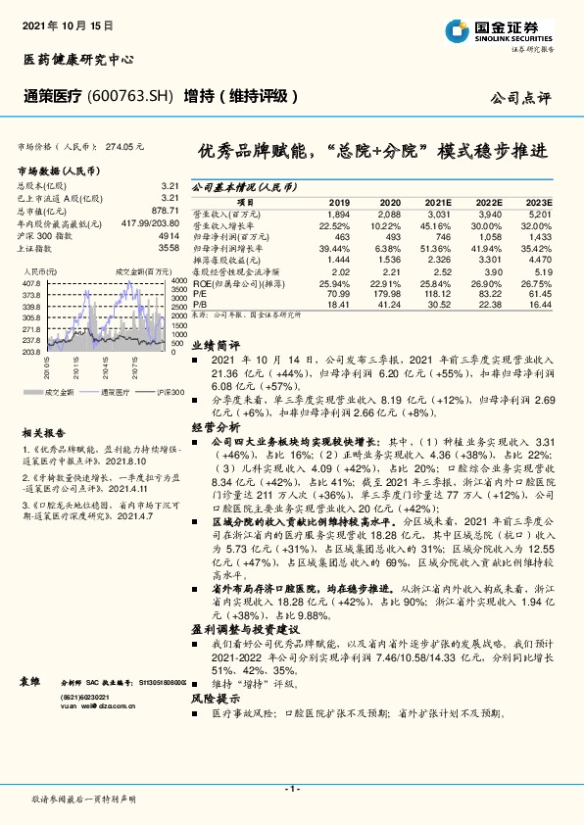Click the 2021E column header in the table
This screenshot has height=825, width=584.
438,200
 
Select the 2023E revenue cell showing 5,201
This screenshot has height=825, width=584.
539,213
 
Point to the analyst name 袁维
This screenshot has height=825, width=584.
30,679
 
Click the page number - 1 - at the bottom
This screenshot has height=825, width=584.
291,789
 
